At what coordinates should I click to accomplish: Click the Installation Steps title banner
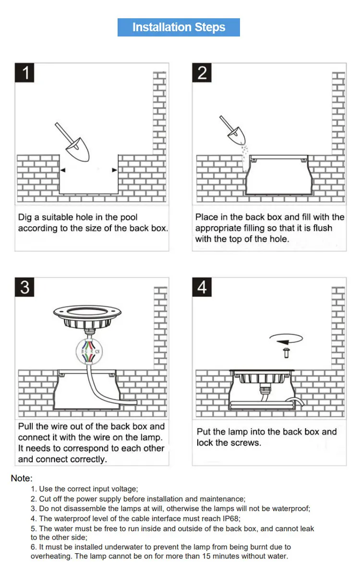179,27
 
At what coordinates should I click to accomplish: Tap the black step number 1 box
24,73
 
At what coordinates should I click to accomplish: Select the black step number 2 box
202,73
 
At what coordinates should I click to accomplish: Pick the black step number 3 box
24,287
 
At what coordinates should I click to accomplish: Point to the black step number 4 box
202,287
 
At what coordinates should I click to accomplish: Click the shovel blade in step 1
78,150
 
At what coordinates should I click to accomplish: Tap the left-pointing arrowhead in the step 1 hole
63,170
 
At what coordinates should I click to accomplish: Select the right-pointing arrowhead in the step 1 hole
115,170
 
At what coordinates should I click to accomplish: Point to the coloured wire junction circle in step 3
89,351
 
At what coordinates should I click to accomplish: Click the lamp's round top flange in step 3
87,312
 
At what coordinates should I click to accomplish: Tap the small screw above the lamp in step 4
287,353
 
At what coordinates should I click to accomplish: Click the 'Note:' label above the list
22,478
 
